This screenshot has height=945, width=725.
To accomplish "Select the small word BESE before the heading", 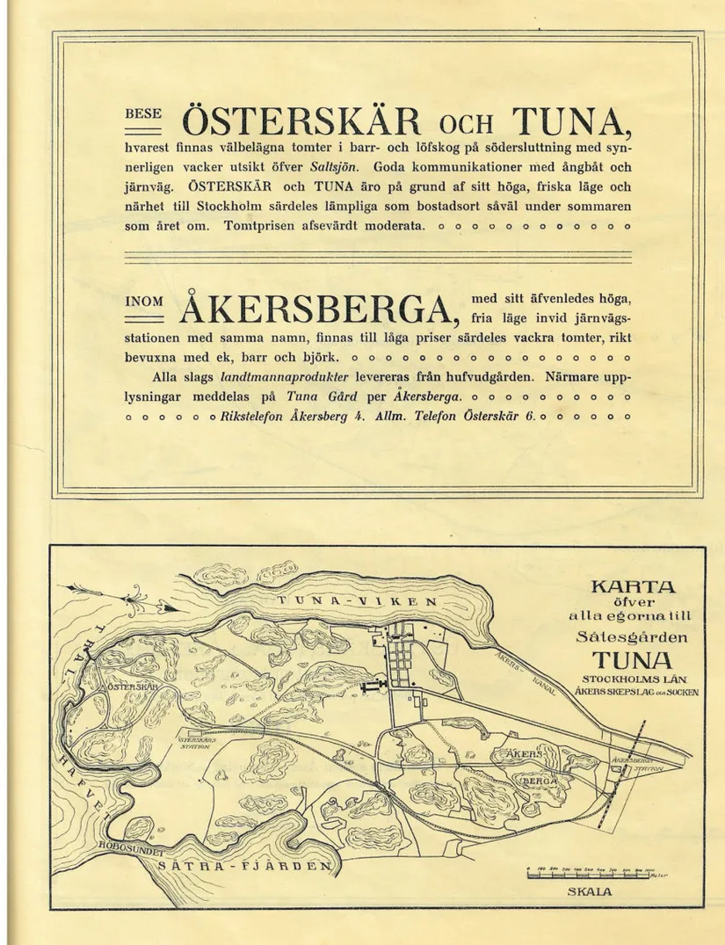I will pyautogui.click(x=140, y=114).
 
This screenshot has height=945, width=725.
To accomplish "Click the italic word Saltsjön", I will pyautogui.click(x=328, y=166).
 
